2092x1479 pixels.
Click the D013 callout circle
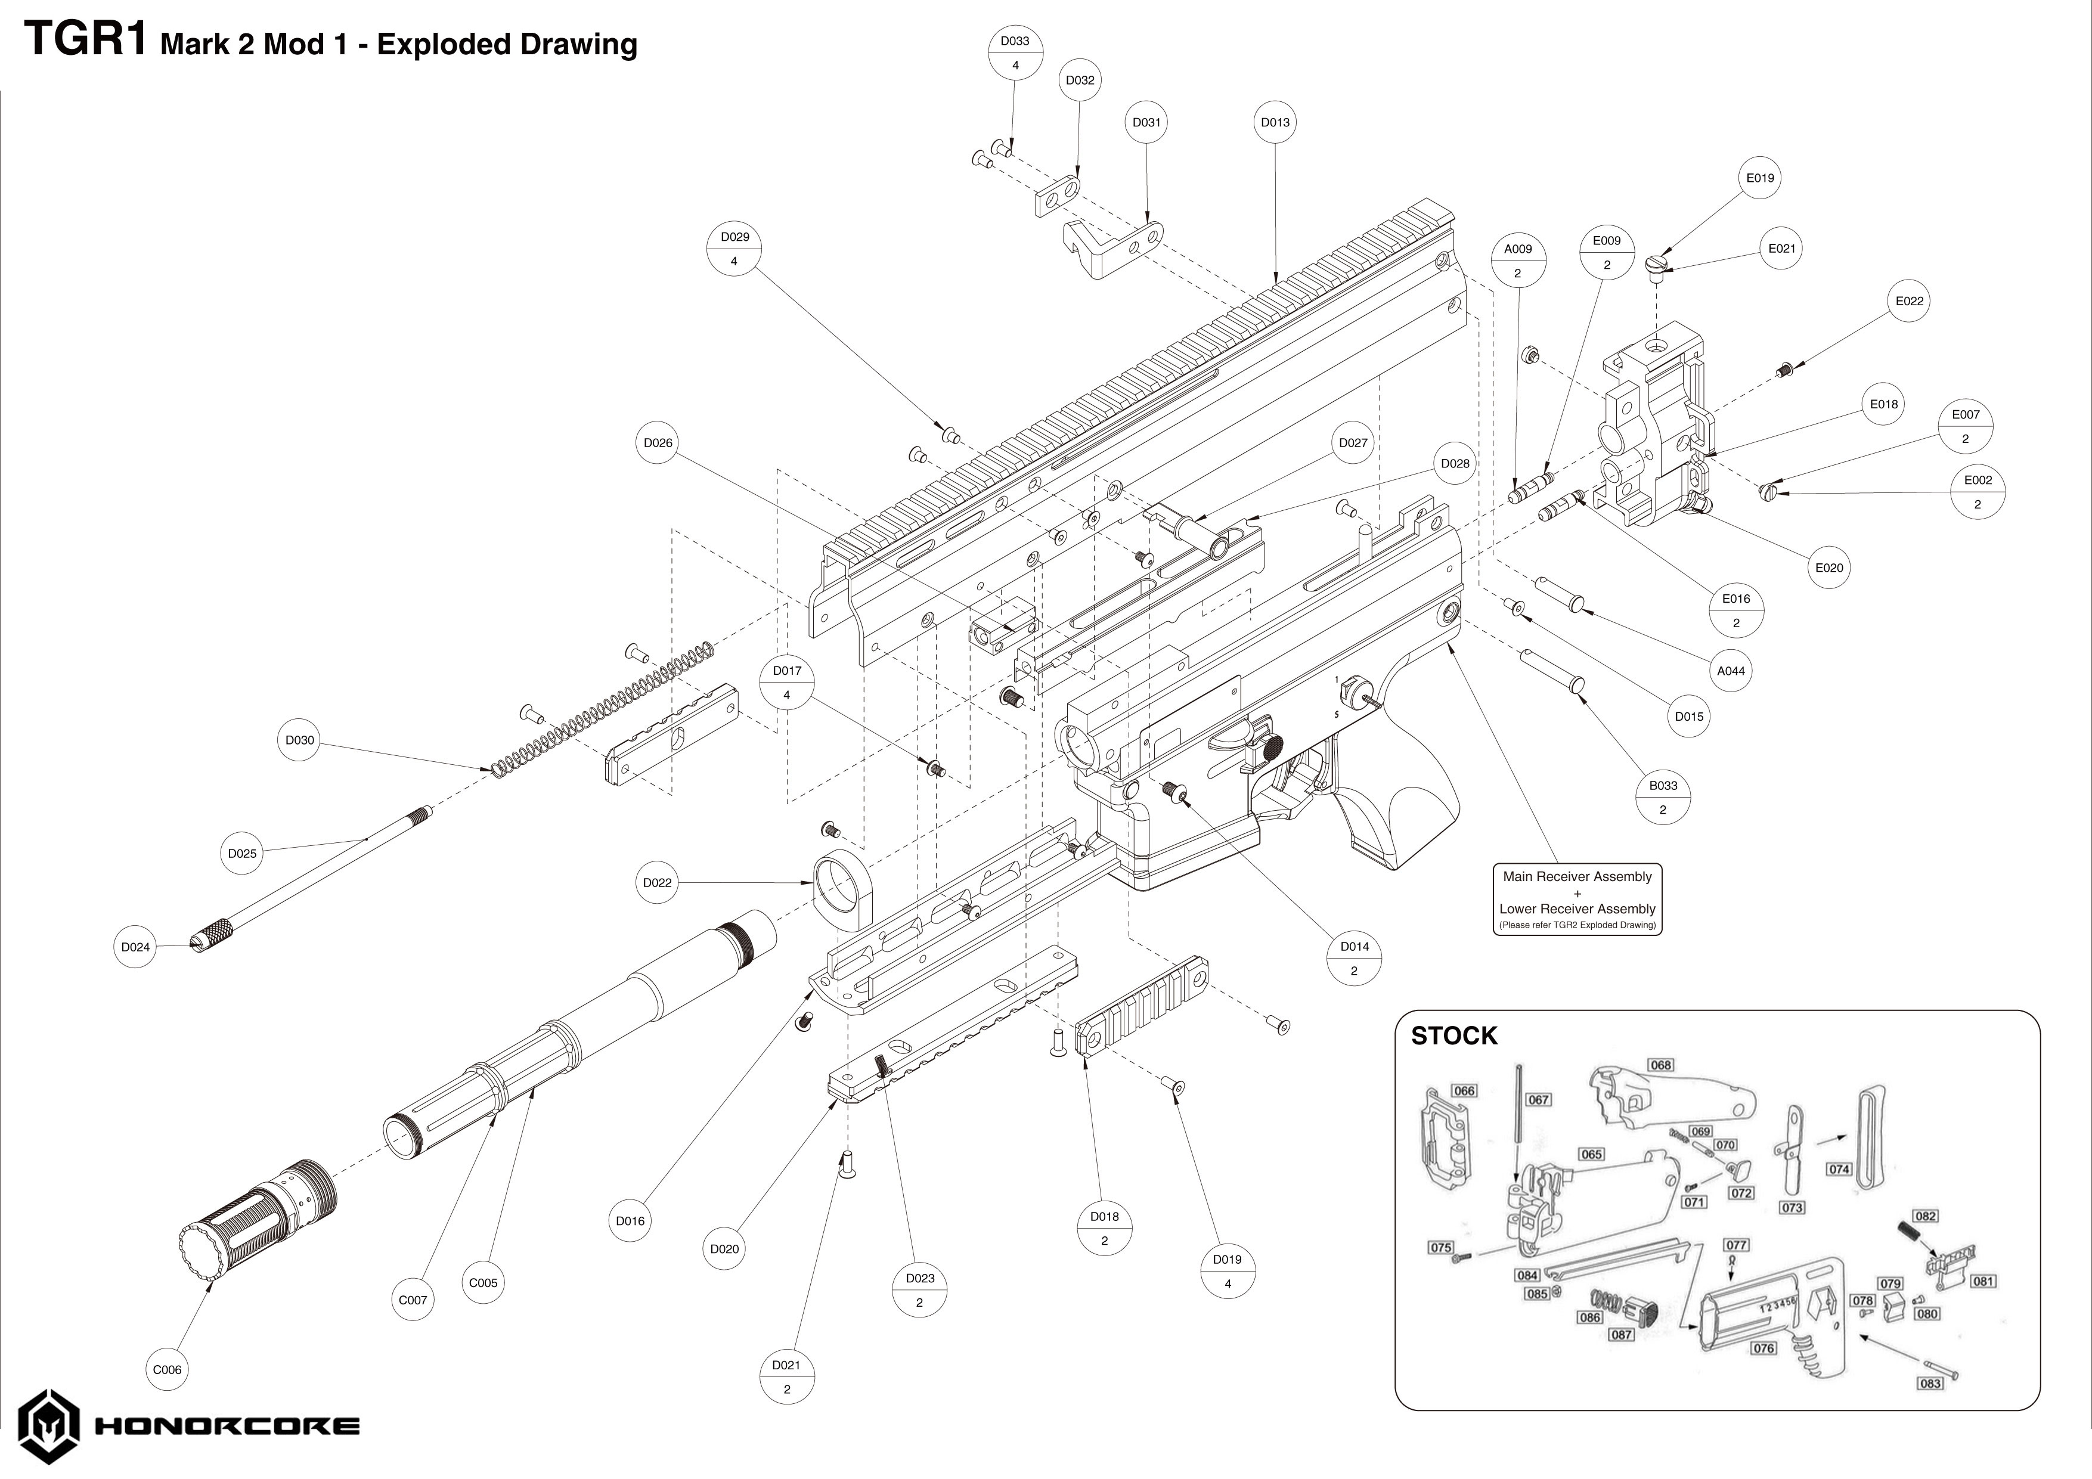pos(1275,122)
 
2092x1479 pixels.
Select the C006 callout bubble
pos(167,1370)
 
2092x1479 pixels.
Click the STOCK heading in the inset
pos(1453,1036)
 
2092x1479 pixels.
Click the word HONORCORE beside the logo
pos(227,1426)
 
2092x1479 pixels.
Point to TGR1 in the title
pos(86,41)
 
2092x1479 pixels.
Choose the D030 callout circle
pos(300,740)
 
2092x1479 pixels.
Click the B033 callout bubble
pos(1663,798)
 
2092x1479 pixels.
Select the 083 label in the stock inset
pos(1930,1383)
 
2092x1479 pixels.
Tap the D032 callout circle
pos(1080,80)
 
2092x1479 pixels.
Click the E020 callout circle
pos(1828,568)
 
